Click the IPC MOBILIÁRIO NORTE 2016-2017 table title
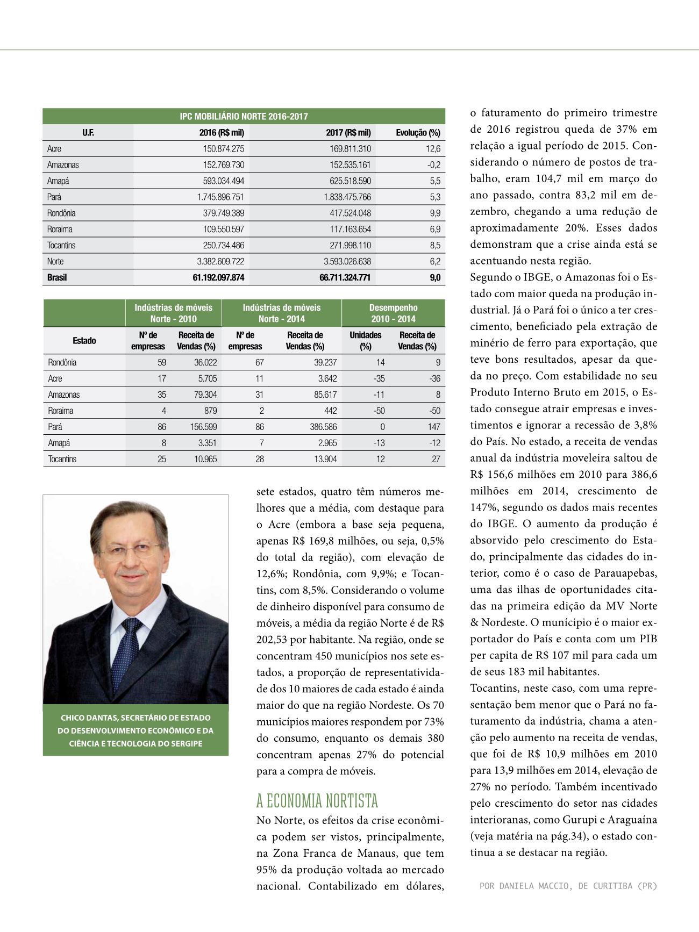click(244, 117)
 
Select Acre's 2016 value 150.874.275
click(223, 149)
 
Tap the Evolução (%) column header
click(418, 133)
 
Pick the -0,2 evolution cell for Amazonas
click(434, 165)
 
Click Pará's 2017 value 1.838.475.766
click(347, 197)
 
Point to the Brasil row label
click(57, 278)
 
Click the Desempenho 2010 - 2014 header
click(393, 313)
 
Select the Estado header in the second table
click(84, 341)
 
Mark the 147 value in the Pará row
click(434, 427)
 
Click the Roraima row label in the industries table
click(61, 411)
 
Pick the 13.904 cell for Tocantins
click(325, 459)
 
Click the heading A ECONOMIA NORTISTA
click(317, 801)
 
